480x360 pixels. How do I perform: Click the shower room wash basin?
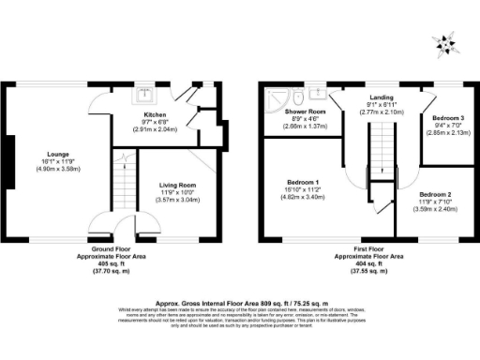(315, 94)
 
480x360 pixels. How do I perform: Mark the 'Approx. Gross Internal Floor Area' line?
(239, 303)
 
